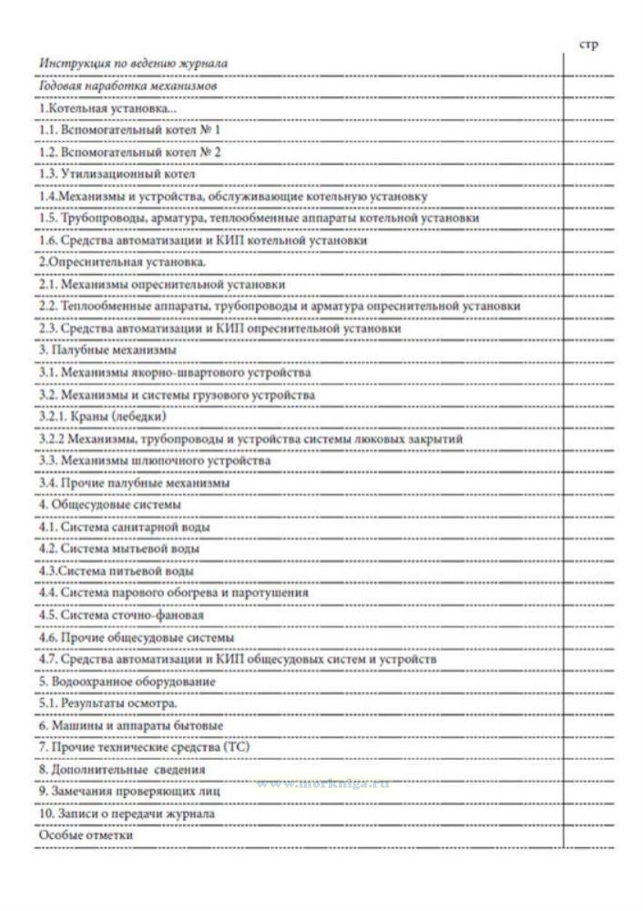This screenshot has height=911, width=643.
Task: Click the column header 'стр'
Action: coord(588,45)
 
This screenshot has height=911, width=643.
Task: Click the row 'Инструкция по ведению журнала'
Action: coord(133,63)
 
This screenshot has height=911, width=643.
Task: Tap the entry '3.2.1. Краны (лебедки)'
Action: coord(103,416)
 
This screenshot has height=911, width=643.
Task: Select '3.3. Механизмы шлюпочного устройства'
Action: coord(155,461)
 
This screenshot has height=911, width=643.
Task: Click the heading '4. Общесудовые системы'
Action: coord(110,505)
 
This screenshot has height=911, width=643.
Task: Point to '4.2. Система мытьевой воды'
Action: coord(119,548)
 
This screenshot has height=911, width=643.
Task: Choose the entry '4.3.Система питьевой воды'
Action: coord(116,571)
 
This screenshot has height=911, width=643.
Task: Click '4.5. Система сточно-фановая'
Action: coord(121,615)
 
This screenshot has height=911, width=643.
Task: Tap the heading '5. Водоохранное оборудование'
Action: coord(128,681)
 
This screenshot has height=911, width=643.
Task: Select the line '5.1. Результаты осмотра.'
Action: coord(108,704)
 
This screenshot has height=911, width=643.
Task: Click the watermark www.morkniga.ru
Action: coord(322,784)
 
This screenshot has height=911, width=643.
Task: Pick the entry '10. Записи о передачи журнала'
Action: coord(127,813)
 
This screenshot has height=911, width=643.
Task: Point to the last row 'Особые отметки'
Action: coord(85,836)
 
